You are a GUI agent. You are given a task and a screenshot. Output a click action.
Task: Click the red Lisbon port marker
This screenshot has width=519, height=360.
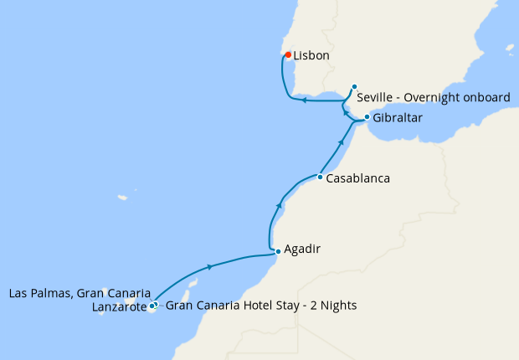coord(288,55)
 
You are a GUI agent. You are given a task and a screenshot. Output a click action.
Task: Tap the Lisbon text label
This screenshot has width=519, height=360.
coord(311,56)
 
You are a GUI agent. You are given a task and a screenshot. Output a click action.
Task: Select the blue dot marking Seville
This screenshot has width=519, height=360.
coord(355,86)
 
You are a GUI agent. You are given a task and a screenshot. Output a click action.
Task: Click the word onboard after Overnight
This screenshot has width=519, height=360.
coord(487,98)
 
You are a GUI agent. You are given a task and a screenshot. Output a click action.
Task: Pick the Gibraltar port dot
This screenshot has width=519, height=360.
coord(367,117)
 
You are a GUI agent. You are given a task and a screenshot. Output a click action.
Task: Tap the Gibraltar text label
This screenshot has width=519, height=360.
coord(398,119)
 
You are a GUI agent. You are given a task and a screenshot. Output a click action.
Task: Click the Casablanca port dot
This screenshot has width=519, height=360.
coord(320,177)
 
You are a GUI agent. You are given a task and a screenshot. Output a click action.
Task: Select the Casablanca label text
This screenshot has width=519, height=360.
coord(358,178)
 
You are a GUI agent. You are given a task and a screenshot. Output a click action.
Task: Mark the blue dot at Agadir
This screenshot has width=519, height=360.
coord(277,250)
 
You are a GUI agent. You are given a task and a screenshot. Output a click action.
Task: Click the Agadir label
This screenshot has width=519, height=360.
coord(302,249)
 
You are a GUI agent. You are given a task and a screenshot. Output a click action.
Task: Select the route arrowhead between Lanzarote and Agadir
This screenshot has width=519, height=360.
coord(208,267)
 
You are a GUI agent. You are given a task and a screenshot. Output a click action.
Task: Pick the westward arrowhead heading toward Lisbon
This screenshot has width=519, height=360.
coord(305,101)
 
